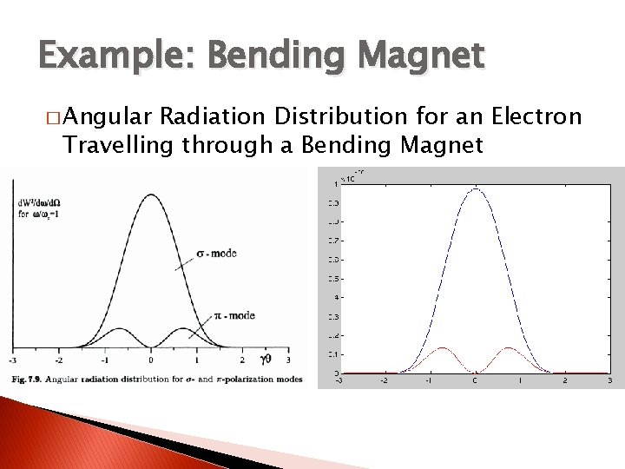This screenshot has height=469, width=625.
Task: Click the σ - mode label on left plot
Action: (x=215, y=254)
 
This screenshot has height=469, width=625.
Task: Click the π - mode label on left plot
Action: (x=234, y=315)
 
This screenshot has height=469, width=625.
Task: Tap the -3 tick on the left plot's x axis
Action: (x=12, y=360)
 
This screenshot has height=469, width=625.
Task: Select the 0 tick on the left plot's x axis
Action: (x=151, y=360)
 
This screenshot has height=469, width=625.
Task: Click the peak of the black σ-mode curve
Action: (x=151, y=195)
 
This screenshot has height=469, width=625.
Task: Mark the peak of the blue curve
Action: (x=475, y=188)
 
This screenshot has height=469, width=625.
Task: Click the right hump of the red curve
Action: (x=508, y=348)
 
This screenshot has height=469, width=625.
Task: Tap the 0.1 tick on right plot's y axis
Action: (x=333, y=354)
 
